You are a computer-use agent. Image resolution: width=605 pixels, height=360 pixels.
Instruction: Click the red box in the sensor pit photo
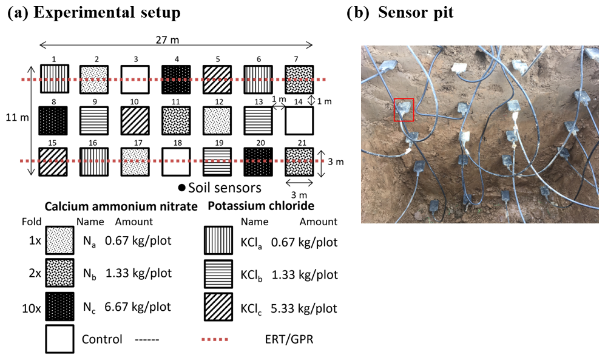pyautogui.click(x=404, y=109)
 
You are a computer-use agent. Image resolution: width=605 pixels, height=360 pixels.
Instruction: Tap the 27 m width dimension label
pyautogui.click(x=175, y=40)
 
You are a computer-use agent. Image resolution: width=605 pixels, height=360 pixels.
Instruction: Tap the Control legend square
pyautogui.click(x=60, y=339)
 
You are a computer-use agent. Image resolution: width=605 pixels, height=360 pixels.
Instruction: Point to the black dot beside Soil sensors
pyautogui.click(x=181, y=188)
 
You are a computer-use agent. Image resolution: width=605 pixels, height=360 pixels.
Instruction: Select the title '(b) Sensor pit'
pyautogui.click(x=400, y=13)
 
